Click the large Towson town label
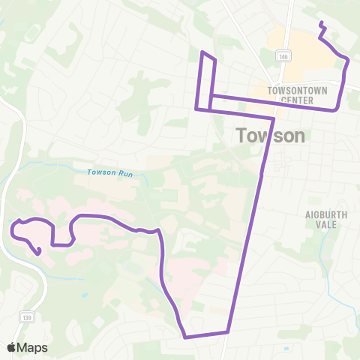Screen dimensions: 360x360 (271, 136)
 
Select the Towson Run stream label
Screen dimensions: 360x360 (109, 173)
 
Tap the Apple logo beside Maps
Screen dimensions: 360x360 (12, 347)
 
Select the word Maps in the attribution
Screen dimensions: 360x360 (33, 347)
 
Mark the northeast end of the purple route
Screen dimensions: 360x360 (322, 25)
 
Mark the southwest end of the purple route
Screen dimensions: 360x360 (38, 253)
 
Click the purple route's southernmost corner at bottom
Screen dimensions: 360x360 (184, 337)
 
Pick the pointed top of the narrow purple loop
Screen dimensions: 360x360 (202, 52)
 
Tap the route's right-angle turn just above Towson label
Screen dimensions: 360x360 (273, 118)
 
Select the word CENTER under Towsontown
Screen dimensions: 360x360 (288, 99)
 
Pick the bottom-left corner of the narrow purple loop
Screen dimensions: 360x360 (196, 109)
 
